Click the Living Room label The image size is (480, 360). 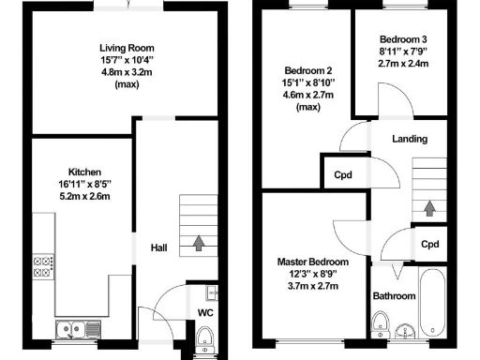pyautogui.click(x=127, y=48)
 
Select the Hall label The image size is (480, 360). pyautogui.click(x=159, y=247)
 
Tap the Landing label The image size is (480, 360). pyautogui.click(x=410, y=139)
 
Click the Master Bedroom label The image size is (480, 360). pyautogui.click(x=312, y=262)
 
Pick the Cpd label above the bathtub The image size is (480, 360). pyautogui.click(x=429, y=245)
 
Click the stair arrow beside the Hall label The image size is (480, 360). pyautogui.click(x=199, y=244)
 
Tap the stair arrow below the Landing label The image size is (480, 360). pyautogui.click(x=429, y=206)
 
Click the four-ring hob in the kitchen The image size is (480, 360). pyautogui.click(x=42, y=265)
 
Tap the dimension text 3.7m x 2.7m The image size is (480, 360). pyautogui.click(x=312, y=286)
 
